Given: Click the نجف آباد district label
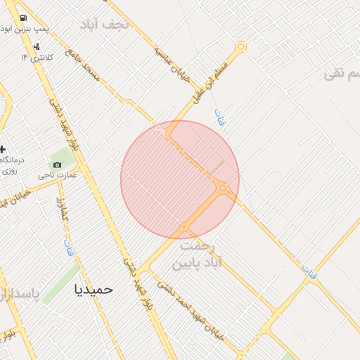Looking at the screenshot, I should point(106,24).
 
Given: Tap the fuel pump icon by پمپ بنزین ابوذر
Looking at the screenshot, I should point(23,18).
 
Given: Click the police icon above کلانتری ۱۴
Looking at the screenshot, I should point(37,46).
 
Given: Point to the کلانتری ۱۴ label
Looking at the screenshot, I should point(37,56).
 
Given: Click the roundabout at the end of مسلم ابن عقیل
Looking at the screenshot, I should point(241,47).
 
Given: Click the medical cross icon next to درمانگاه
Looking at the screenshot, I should point(3,149).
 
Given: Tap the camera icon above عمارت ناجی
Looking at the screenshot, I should point(58,165).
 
